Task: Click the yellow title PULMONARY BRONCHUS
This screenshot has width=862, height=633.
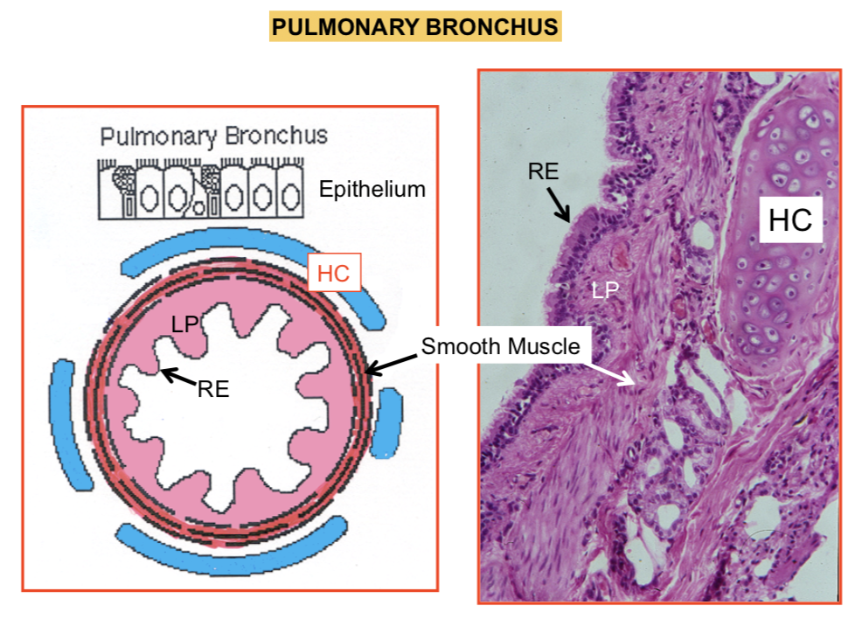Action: coord(414,27)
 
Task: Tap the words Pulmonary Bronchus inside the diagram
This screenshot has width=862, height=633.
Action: coord(213,136)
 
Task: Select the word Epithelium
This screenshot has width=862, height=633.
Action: coord(372,189)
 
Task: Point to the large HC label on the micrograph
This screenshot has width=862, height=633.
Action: coord(790,219)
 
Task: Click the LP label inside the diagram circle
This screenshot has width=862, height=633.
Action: coord(184,323)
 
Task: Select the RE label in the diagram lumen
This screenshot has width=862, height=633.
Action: coord(212,389)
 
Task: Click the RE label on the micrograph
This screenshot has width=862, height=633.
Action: coord(543,170)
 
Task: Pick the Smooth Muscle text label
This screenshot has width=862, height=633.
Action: coord(500,346)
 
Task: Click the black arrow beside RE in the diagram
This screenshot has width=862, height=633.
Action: coord(177,376)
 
